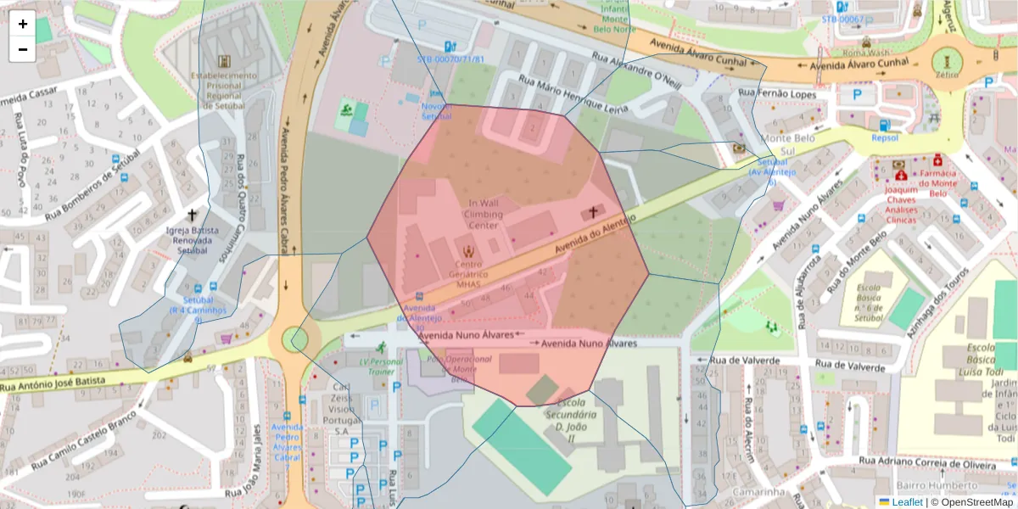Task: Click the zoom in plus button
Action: [x=22, y=24]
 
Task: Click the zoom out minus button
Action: [x=22, y=49]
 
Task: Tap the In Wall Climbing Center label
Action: [x=484, y=214]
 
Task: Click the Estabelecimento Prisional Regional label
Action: [x=224, y=90]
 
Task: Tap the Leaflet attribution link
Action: [x=906, y=502]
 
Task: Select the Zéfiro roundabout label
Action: [x=947, y=75]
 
